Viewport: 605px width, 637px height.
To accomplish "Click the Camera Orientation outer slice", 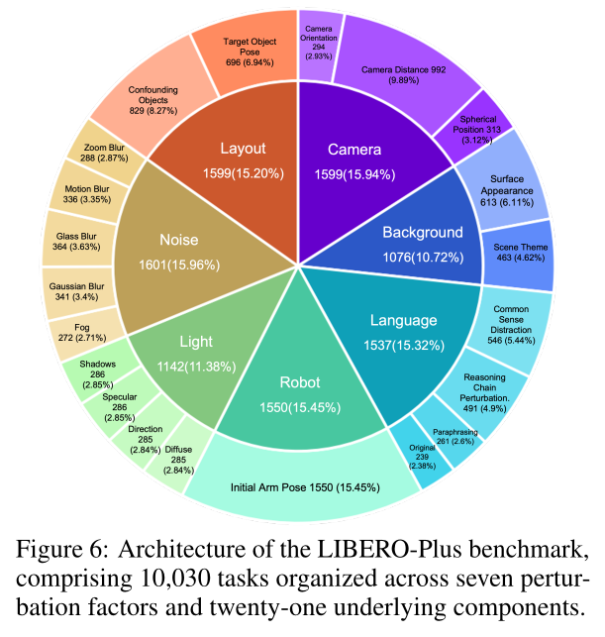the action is [319, 46].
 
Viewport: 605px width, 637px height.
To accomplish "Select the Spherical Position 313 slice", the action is [476, 128].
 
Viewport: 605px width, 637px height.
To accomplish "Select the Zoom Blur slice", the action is [106, 153].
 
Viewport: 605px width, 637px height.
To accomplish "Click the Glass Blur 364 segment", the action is [77, 242].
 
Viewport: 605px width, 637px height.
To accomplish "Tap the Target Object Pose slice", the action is [249, 52].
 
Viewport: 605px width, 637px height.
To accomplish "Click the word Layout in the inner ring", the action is [243, 149].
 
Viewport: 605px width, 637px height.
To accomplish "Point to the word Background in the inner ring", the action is [423, 233].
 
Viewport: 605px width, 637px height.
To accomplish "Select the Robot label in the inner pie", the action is [300, 382].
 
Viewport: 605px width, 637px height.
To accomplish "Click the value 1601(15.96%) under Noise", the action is [179, 265].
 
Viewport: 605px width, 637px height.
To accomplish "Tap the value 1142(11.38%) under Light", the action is [196, 367].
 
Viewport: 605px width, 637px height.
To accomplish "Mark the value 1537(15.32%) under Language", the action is [404, 346].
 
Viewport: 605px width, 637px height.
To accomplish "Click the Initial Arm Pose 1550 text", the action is [305, 487].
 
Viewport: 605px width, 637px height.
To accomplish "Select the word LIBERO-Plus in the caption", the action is [389, 550].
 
